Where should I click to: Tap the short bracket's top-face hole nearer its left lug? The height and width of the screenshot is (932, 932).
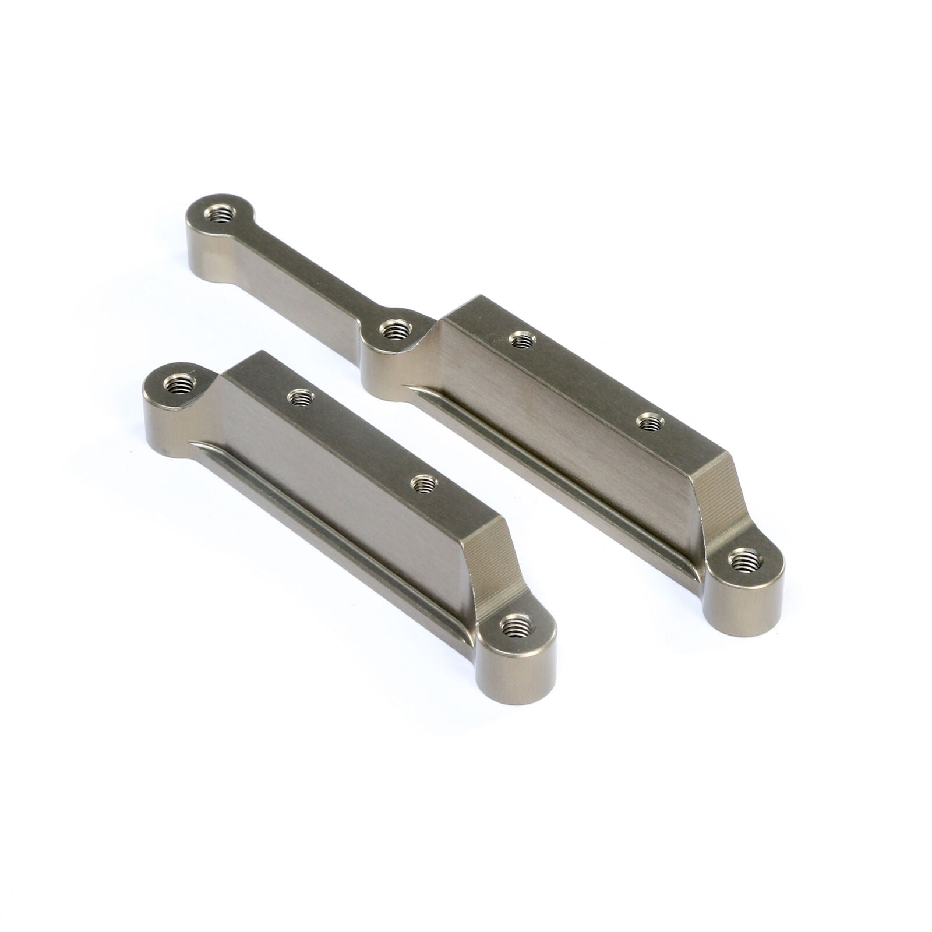tap(301, 398)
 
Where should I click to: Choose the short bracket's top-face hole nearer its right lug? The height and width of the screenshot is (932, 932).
tap(423, 483)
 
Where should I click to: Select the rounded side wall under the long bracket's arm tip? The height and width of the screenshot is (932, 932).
tap(204, 256)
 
